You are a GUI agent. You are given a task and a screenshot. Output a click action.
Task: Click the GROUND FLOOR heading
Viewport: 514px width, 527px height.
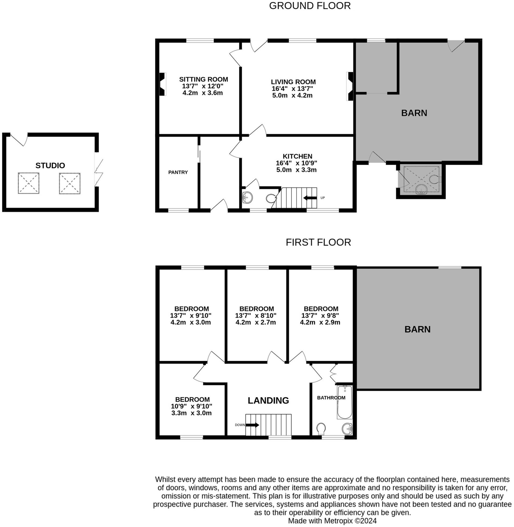[310, 6]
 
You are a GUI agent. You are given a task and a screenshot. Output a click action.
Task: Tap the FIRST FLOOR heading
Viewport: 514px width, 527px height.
[318, 242]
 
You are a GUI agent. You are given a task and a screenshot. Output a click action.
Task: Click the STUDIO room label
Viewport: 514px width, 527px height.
[50, 165]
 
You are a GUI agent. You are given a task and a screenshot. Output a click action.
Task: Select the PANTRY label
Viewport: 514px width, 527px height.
[178, 172]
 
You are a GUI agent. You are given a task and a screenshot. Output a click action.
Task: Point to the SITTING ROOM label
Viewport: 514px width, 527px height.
[203, 79]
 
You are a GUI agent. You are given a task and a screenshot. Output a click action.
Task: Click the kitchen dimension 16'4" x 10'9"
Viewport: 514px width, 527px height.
[296, 163]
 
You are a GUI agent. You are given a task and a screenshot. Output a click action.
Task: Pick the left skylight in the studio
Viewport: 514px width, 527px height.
[29, 183]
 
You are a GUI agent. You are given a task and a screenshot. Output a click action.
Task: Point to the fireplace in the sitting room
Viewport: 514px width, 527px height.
[162, 84]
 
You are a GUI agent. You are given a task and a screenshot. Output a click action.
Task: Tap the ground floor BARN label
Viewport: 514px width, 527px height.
[414, 113]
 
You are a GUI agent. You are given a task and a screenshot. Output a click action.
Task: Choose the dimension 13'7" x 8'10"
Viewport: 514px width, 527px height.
[255, 316]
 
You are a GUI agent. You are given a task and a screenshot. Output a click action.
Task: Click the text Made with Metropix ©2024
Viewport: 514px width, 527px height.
[332, 521]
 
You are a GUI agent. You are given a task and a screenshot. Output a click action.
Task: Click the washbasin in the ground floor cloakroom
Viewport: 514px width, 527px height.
[247, 197]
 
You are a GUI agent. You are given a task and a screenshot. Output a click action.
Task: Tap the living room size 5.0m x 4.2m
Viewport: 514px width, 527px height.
[292, 95]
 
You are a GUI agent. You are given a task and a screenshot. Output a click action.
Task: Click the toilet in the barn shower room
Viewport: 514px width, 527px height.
[434, 179]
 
